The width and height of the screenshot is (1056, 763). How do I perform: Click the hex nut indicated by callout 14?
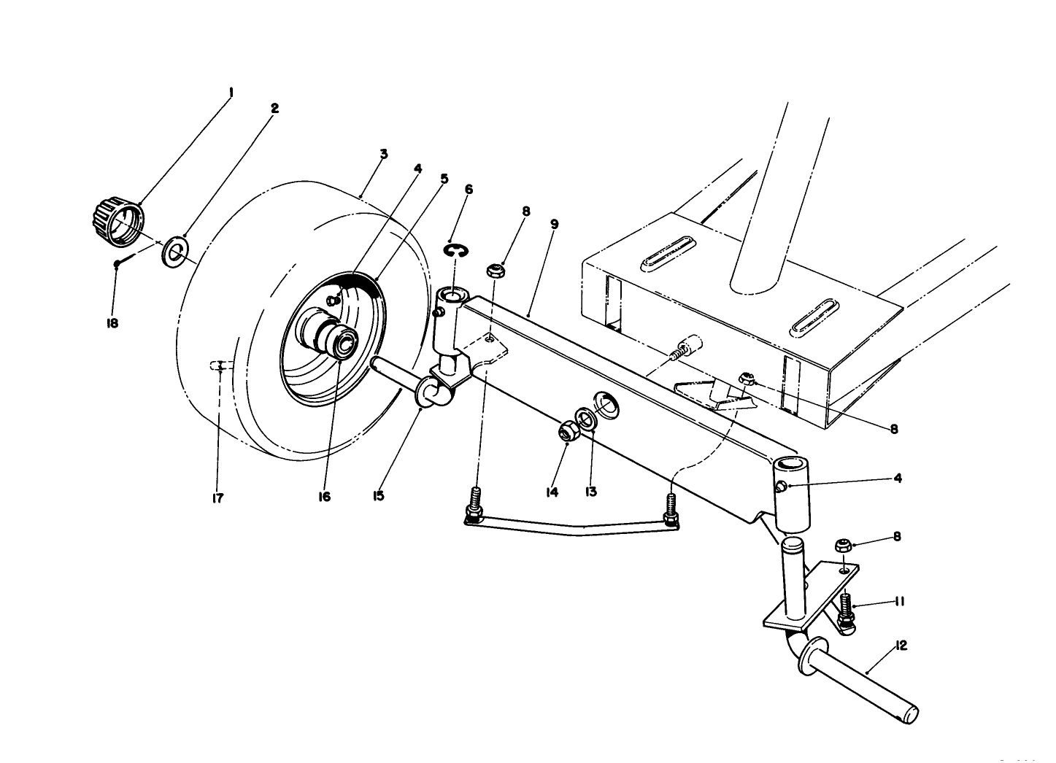click(566, 432)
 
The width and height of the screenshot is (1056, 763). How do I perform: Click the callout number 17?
click(217, 498)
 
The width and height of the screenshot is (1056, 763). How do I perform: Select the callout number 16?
click(324, 497)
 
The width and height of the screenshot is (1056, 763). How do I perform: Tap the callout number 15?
click(379, 496)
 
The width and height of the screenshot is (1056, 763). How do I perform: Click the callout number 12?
click(901, 645)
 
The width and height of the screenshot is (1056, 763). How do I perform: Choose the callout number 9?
click(554, 224)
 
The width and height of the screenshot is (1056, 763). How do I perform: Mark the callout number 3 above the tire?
click(383, 154)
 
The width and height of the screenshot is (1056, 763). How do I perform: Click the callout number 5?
click(444, 178)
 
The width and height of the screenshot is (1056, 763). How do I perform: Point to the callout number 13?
click(590, 492)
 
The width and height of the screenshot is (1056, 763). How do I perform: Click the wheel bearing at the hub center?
click(341, 342)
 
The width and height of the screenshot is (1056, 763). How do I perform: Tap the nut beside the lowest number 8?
click(842, 545)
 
